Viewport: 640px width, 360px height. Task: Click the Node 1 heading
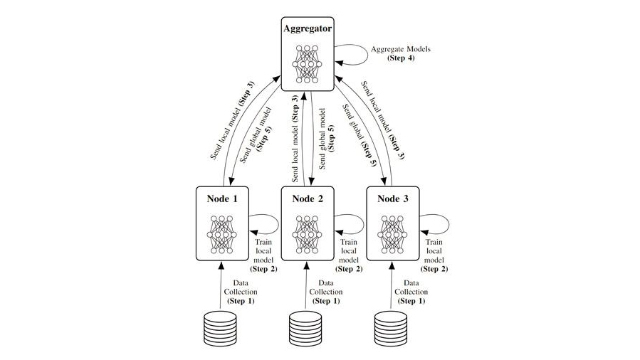(x=222, y=199)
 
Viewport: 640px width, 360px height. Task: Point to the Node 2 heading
(x=308, y=199)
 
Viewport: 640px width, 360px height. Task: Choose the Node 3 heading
(x=392, y=199)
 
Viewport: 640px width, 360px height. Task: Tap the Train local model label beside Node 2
(x=348, y=256)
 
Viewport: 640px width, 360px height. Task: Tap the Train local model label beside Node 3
(x=434, y=256)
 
